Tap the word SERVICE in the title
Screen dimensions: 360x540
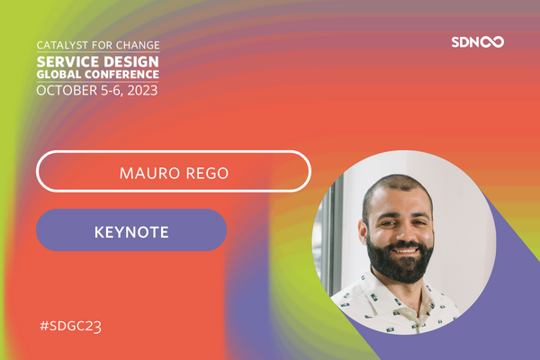[65, 58]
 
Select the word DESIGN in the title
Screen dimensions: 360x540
[128, 58]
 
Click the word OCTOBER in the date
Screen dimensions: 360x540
[65, 90]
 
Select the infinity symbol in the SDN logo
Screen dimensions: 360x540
[491, 41]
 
